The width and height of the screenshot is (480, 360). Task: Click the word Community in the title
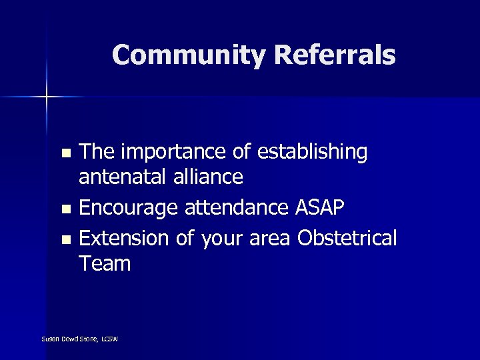pos(189,55)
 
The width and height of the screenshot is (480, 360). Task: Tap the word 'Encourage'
pos(127,209)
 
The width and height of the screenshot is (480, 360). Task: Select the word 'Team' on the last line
pos(105,264)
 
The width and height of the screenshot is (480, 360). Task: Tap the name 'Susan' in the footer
pos(50,339)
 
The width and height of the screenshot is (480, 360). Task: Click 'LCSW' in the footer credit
pos(109,339)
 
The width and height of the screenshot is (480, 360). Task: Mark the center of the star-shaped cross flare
pos(47,97)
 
